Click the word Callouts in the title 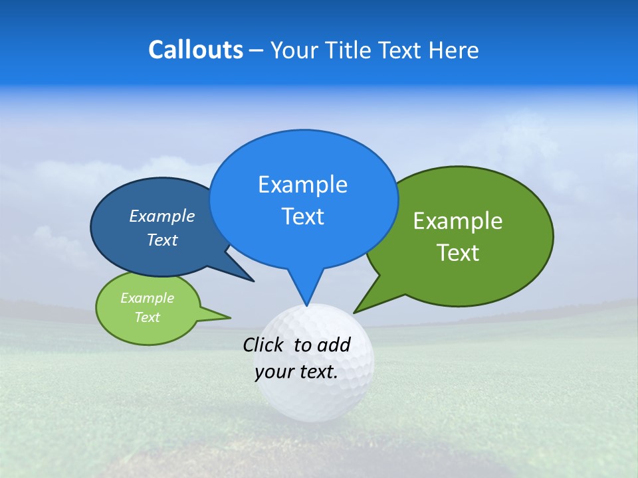(195, 50)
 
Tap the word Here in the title (454, 50)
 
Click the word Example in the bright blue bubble (302, 184)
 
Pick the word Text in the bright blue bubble (302, 216)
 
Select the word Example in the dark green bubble (458, 220)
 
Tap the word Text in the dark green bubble (458, 253)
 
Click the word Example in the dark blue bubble (162, 216)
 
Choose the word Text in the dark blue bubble (162, 240)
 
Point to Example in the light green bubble (147, 298)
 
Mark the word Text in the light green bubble (147, 317)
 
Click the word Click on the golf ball (264, 345)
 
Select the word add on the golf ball (334, 345)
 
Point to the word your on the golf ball (274, 372)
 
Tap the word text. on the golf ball (317, 372)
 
